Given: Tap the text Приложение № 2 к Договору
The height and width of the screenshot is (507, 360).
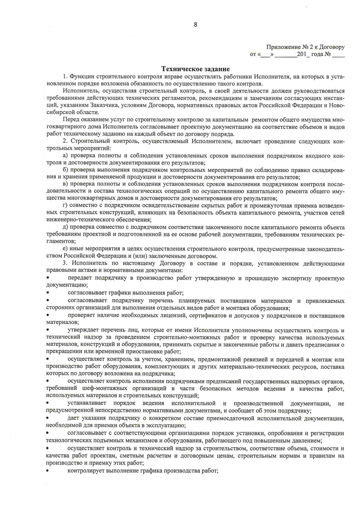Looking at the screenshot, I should coord(305,47).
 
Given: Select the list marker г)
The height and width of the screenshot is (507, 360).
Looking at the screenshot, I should coord(65,206).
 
